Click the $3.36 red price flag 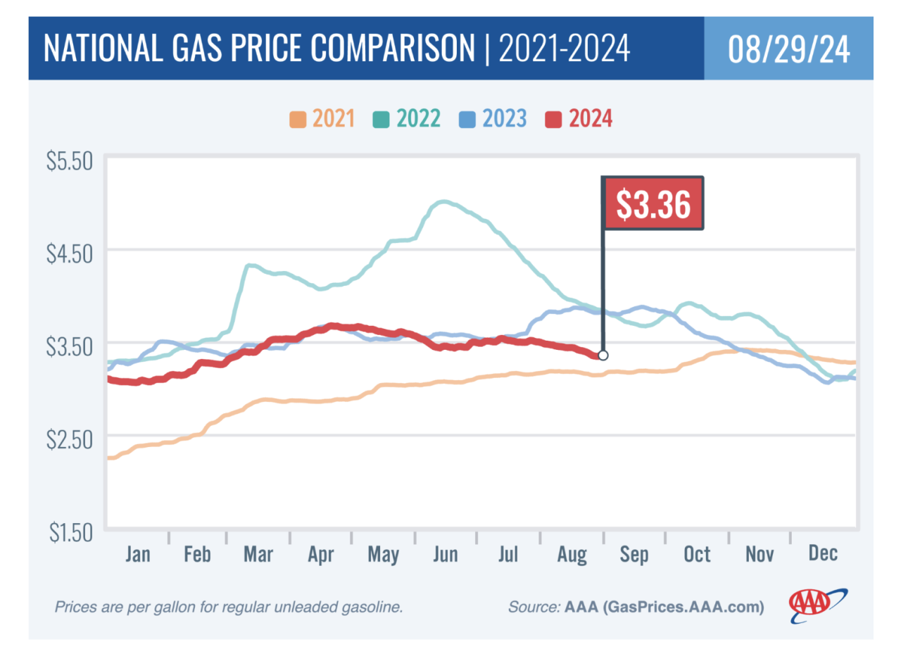point(653,203)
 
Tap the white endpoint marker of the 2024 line point(603,355)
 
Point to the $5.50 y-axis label point(70,161)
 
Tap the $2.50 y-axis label point(70,439)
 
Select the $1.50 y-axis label point(70,532)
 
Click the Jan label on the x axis point(137,555)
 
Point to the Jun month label point(446,555)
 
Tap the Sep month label point(634,555)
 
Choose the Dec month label point(823,554)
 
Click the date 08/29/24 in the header point(788,50)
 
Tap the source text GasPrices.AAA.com point(683,607)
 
